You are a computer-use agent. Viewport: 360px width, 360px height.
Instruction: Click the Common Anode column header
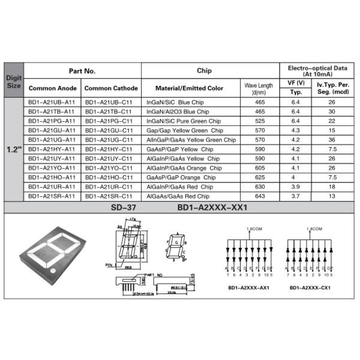click(53, 88)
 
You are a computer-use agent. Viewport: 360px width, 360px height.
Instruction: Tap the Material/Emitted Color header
click(189, 88)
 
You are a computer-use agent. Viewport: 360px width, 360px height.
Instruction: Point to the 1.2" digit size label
click(14, 149)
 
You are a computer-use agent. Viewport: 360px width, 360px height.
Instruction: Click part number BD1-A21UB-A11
click(52, 103)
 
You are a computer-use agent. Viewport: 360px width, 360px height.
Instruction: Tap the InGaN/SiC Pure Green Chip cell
click(183, 121)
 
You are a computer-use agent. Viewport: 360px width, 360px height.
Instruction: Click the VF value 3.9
click(296, 187)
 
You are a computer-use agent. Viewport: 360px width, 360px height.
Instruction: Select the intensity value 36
click(332, 140)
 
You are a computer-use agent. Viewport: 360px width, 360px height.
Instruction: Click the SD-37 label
click(124, 208)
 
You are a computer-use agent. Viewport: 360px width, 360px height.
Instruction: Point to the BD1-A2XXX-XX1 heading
click(212, 208)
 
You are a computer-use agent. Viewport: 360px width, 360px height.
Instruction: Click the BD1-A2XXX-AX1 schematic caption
click(248, 287)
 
